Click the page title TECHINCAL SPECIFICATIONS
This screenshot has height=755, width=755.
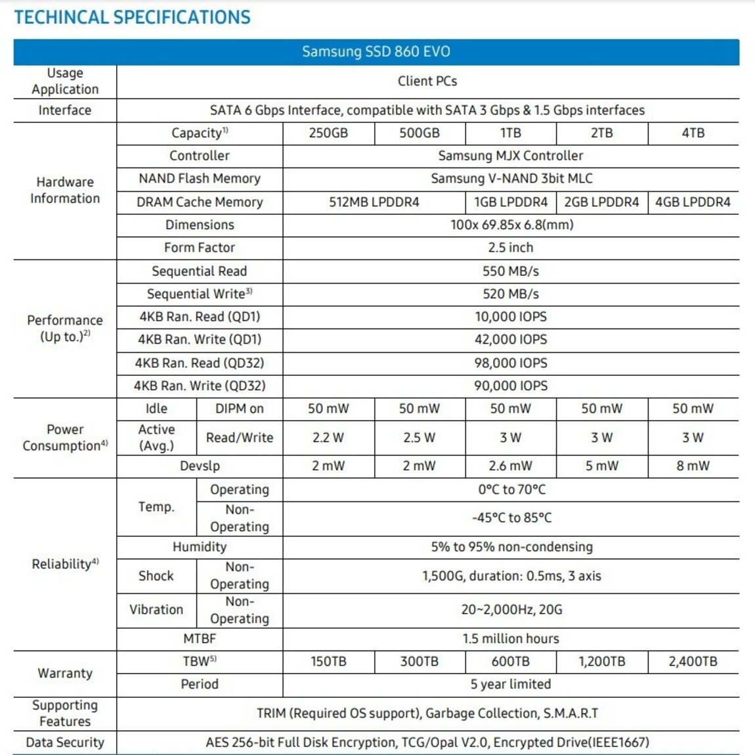(132, 17)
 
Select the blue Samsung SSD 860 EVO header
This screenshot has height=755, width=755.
(376, 52)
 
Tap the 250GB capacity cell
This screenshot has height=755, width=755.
(328, 133)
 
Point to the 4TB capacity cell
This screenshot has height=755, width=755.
(693, 133)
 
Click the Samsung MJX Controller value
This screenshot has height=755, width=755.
(510, 156)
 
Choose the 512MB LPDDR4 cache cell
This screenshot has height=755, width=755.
(374, 202)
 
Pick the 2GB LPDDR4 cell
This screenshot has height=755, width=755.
(601, 202)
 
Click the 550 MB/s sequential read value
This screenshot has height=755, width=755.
(510, 271)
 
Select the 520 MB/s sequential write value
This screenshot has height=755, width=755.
(510, 294)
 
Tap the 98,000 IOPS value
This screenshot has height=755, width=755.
(510, 363)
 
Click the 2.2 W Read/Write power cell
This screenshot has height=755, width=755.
(328, 438)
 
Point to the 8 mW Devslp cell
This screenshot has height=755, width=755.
(693, 466)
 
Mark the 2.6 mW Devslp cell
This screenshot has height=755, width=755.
(510, 466)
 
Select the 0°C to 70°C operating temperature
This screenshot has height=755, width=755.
(511, 490)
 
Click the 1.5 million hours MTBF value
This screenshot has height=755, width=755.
(510, 639)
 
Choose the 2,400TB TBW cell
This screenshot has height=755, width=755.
(693, 662)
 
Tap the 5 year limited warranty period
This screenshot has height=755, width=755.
(510, 684)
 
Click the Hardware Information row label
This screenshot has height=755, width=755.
(64, 190)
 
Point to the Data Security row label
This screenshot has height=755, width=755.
(64, 743)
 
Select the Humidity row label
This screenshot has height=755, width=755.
(199, 547)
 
